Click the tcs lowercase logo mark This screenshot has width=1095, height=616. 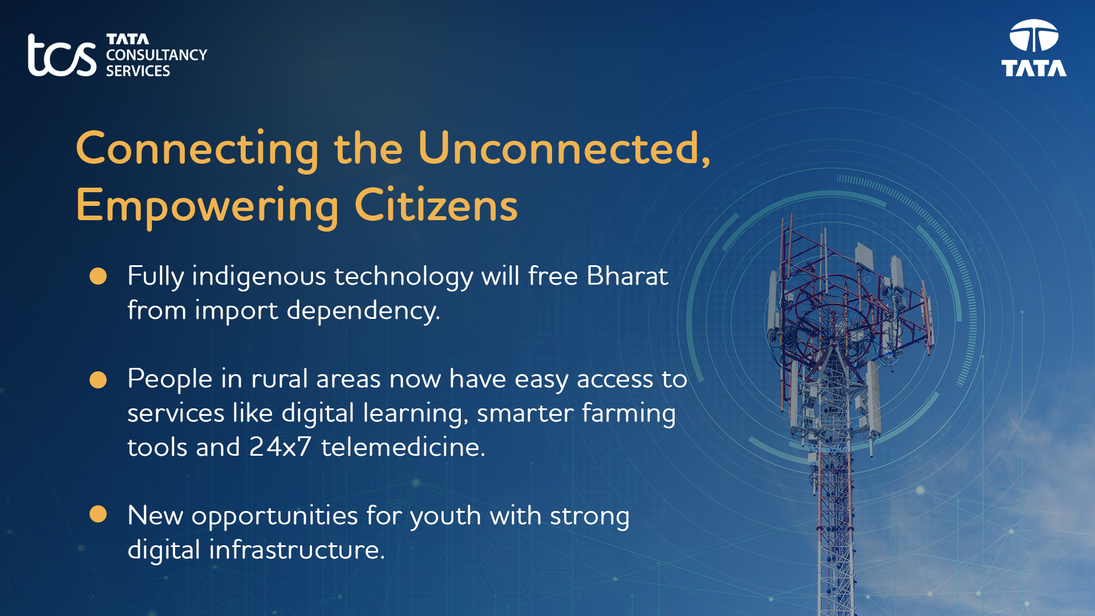coord(62,55)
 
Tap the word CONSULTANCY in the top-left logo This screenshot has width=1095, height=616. coord(156,55)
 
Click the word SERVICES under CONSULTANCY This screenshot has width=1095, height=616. coord(138,71)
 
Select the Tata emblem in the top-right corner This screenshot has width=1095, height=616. coord(1034,48)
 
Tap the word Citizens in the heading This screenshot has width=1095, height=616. coord(436,205)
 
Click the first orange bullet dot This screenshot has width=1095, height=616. coord(98,276)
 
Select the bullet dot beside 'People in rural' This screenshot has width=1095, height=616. coord(98,380)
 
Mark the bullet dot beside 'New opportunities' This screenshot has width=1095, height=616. coord(98,514)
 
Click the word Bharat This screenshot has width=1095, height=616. coord(627,276)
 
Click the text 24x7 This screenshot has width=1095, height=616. coord(281,447)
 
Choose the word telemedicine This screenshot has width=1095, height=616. coord(403,447)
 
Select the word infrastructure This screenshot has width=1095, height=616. coord(297,550)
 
